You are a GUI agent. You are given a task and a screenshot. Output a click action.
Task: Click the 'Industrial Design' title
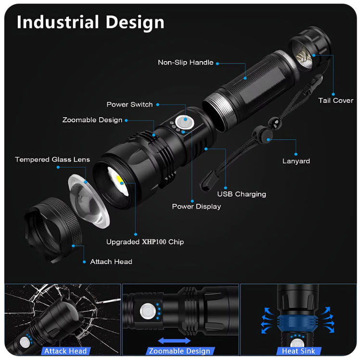(90, 22)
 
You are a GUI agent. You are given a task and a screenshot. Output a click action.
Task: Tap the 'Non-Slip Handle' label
(185, 62)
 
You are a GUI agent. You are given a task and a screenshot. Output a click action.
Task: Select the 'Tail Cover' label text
(335, 100)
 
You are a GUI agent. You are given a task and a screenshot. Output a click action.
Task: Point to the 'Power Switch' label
(129, 104)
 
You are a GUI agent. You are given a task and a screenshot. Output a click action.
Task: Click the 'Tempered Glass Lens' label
(52, 160)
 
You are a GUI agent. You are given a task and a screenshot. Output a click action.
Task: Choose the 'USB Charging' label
(242, 194)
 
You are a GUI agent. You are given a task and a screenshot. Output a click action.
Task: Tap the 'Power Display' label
(196, 207)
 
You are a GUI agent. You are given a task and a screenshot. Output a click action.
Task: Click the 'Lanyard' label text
(296, 161)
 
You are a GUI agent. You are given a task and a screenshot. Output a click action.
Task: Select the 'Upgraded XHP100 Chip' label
(145, 242)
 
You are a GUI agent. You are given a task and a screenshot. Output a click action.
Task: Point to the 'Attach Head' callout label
(111, 262)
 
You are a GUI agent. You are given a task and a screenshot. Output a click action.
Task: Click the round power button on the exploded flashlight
(184, 122)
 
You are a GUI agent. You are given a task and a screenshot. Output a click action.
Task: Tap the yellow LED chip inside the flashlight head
(120, 180)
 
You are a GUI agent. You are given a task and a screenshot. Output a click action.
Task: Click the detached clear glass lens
(89, 201)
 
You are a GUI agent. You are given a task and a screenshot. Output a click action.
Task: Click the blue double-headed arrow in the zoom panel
(174, 341)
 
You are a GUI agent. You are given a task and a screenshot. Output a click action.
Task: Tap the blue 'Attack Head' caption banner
(65, 351)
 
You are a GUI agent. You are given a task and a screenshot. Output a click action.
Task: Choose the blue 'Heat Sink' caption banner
(298, 351)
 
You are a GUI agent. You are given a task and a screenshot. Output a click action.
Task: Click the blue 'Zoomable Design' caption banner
(180, 351)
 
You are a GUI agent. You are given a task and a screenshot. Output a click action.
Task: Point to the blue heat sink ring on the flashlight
(297, 324)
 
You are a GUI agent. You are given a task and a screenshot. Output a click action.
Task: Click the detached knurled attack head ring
(52, 230)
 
